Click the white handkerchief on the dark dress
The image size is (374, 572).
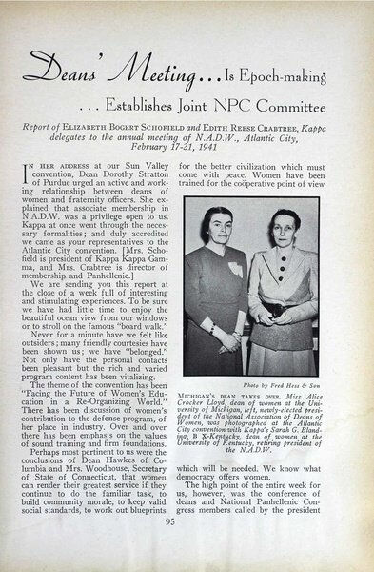[234, 272]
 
